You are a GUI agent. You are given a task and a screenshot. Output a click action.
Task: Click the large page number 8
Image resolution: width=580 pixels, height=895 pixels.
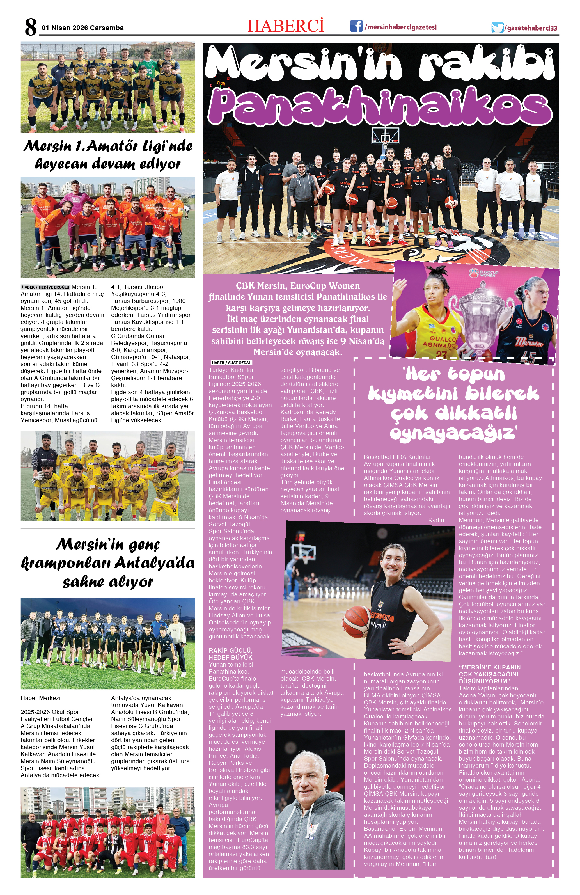pyautogui.click(x=31, y=27)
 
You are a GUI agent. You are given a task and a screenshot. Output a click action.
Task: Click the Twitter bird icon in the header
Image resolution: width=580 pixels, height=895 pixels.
pyautogui.click(x=497, y=28)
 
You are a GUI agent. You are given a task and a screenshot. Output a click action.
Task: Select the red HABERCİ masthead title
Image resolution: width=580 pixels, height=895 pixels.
pyautogui.click(x=285, y=26)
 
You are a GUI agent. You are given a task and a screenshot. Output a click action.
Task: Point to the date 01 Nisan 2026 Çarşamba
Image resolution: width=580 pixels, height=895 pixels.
pyautogui.click(x=83, y=28)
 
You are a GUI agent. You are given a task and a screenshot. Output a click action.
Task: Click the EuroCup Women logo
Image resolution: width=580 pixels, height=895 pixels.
pyautogui.click(x=483, y=272)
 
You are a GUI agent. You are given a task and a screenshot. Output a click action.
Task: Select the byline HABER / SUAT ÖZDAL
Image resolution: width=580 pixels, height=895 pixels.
pyautogui.click(x=231, y=363)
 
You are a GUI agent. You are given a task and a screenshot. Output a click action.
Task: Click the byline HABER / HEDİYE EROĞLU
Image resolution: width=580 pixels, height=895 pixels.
pyautogui.click(x=45, y=287)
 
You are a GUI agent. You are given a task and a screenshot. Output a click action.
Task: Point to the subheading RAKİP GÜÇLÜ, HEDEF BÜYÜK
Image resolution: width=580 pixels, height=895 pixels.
pyautogui.click(x=230, y=654)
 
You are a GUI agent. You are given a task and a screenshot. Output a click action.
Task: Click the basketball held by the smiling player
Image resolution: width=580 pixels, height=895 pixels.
pyautogui.click(x=356, y=621)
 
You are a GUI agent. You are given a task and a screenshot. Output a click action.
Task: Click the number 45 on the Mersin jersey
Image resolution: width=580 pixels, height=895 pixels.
pyautogui.click(x=528, y=357)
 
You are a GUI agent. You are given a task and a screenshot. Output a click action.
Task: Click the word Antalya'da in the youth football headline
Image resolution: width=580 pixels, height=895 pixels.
pyautogui.click(x=155, y=563)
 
